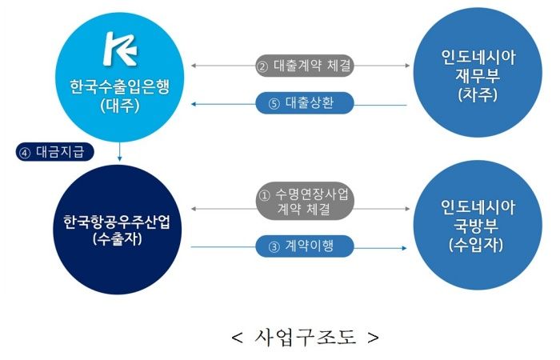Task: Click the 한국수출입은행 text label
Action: tap(119, 85)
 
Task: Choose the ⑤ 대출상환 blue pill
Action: tap(304, 103)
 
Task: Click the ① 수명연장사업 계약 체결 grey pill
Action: tap(305, 202)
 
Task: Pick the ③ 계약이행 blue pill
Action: tap(305, 246)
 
